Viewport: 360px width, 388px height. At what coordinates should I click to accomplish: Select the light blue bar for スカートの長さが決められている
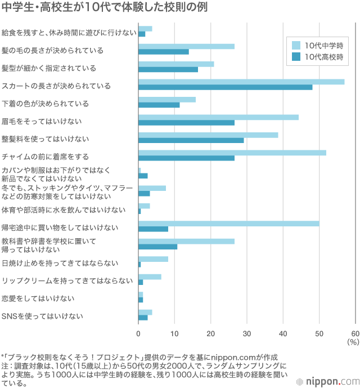click(241, 82)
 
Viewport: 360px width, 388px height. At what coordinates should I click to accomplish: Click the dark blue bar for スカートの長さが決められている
click(225, 87)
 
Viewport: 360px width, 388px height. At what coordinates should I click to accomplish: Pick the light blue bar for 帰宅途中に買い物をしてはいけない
click(229, 224)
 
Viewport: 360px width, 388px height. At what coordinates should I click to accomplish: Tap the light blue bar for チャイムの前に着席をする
click(232, 153)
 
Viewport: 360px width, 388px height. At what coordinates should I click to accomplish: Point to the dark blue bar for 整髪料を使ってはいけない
click(191, 140)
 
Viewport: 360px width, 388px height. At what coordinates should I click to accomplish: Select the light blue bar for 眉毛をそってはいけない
click(218, 117)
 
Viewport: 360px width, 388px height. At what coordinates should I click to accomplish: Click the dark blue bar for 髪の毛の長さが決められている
click(164, 52)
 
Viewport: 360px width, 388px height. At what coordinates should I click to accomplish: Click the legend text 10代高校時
click(323, 57)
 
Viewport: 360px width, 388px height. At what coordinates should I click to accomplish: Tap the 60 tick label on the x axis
click(355, 333)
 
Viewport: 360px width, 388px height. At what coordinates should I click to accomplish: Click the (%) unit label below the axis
click(353, 342)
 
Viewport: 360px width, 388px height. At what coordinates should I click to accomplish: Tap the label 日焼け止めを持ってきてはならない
click(60, 262)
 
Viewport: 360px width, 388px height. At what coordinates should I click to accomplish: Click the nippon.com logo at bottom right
click(332, 380)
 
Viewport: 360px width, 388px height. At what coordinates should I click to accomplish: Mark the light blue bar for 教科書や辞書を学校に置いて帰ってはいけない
click(186, 241)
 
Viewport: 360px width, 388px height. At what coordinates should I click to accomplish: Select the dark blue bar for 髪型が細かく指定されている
click(168, 70)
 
